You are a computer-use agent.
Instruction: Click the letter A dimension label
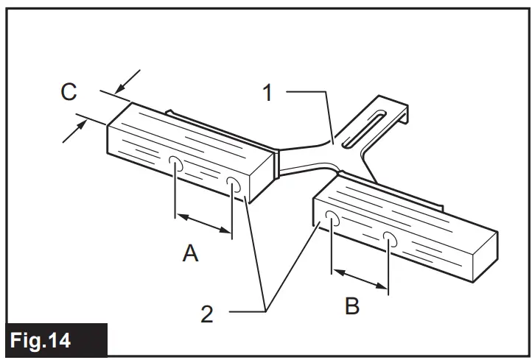190,254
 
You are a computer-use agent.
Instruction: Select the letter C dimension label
68,92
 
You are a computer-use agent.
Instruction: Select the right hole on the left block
233,184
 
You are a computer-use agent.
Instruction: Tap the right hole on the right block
389,239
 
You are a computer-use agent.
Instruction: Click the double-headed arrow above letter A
204,224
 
